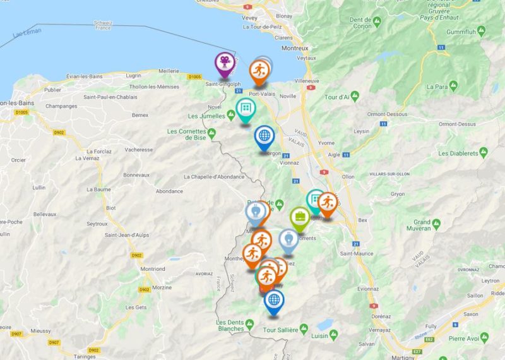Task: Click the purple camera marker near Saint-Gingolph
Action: [225, 63]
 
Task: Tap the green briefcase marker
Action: [299, 217]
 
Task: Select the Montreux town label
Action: [294, 47]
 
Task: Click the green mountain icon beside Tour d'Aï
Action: [355, 95]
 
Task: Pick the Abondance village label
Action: [169, 191]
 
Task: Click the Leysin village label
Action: [361, 131]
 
